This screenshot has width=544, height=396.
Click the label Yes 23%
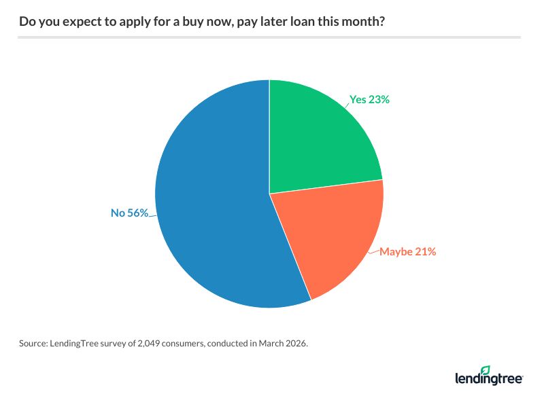[370, 99]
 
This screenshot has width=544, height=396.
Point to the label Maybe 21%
[407, 251]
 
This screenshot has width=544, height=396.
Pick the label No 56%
[130, 213]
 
